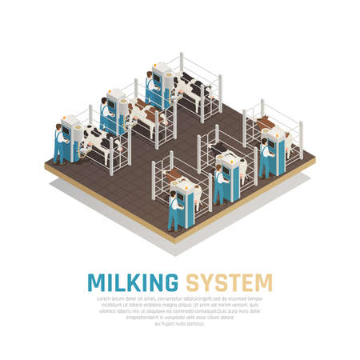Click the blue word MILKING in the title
[x=132, y=282]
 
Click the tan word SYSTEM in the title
[x=230, y=282]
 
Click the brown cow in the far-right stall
[x=263, y=127]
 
